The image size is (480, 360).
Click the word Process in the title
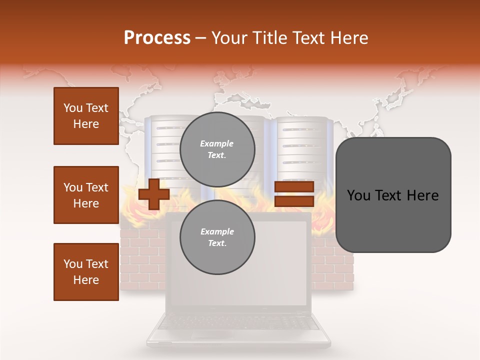point(157,38)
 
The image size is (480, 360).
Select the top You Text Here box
point(86,116)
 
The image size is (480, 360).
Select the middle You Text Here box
point(86,195)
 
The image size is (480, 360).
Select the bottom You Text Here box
point(86,272)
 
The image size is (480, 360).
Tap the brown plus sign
point(153,194)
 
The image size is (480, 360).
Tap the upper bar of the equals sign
point(294,186)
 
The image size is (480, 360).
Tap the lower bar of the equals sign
point(294,201)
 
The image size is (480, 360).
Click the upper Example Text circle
point(217,149)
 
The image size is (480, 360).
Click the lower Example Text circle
point(217,237)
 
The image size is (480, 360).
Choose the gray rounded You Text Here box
point(393,195)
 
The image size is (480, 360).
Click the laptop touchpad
point(212,334)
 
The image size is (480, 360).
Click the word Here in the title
point(349,38)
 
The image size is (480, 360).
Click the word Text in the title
point(310,38)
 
